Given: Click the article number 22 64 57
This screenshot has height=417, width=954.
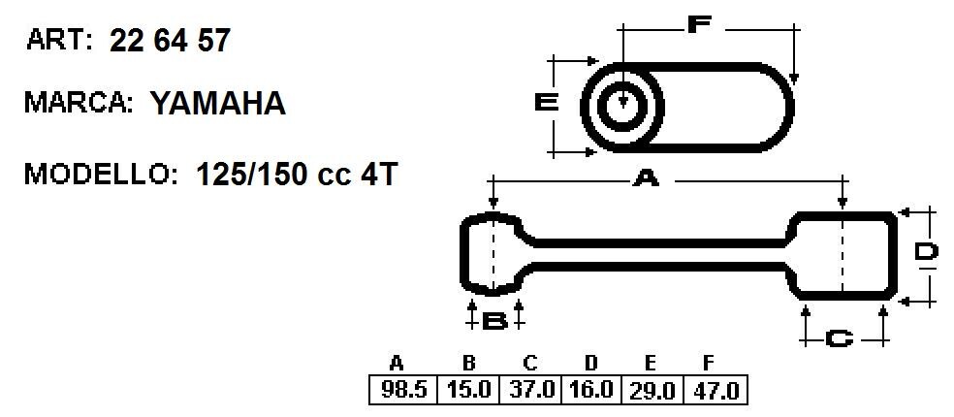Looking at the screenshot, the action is pos(170,41).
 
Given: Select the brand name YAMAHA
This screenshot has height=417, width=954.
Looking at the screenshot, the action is pos(218,104).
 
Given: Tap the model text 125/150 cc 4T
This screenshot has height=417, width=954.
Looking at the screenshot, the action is pos(297,176).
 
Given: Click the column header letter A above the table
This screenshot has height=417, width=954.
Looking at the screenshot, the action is pos(397,364).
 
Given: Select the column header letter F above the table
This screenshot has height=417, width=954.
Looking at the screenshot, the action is pos(708,364).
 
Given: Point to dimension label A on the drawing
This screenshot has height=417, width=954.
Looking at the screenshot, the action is pos(646,179).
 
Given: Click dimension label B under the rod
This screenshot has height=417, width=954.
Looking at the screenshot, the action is pos(494,321).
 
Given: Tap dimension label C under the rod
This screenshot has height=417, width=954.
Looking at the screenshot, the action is pos(840,338).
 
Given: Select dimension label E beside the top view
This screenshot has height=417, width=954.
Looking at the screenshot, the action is pos(547,103).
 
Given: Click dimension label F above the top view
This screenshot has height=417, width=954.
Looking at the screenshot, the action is pos(699,23).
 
